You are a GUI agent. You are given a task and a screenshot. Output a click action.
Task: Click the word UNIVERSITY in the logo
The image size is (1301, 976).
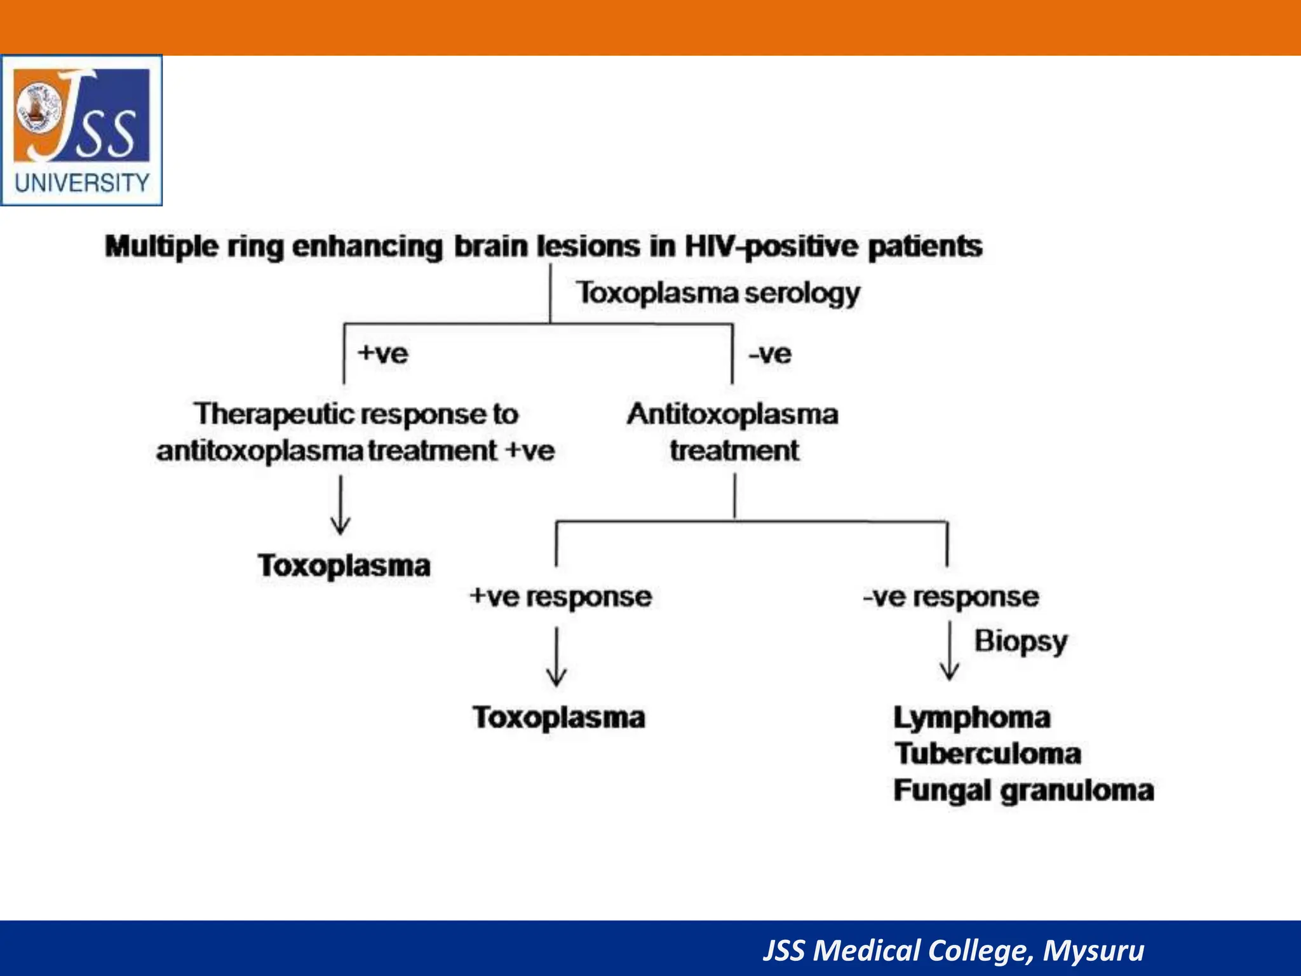pos(82,184)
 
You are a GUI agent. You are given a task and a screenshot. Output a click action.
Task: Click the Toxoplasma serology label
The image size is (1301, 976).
pos(718,294)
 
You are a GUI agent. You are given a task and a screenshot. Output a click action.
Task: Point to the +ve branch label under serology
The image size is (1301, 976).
pos(382,353)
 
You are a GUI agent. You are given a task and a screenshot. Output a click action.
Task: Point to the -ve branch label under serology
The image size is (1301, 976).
pos(770,353)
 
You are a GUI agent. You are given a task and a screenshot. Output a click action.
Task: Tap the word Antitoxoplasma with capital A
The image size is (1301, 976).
pos(732,414)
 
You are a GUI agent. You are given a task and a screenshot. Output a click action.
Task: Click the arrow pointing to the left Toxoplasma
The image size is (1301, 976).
pos(340,506)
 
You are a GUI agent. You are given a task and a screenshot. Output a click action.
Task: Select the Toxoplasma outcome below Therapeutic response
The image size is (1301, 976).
pos(344,566)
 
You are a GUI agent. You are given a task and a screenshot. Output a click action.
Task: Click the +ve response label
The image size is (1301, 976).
pos(560,597)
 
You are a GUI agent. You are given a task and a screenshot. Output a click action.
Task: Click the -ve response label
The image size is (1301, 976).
pos(950,597)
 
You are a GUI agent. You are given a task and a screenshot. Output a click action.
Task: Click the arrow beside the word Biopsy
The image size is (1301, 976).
pos(950,652)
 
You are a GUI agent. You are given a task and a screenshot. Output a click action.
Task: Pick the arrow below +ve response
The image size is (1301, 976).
pos(556,657)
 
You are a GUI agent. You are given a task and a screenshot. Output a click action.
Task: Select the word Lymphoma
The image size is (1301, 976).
pos(972,718)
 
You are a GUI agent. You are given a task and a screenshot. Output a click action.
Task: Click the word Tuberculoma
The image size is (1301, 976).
pos(988,754)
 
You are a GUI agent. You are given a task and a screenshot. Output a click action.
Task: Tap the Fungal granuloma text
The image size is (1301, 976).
pos(1023,791)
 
